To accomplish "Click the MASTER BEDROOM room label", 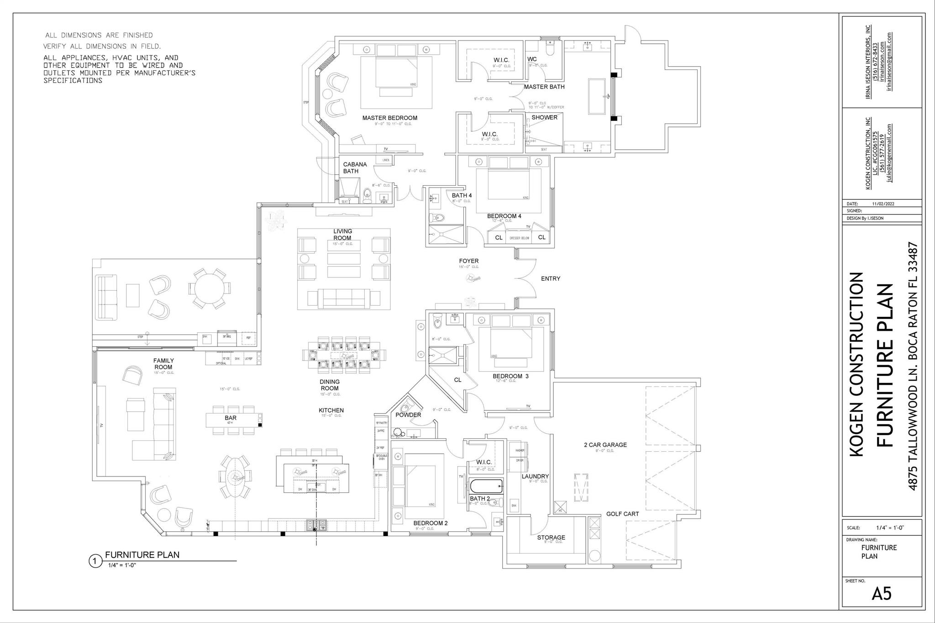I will pos(389,118).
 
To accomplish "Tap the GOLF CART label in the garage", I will pos(622,514).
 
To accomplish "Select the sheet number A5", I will pos(881,593).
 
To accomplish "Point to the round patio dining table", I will pos(210,289).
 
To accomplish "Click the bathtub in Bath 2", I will pos(486,487).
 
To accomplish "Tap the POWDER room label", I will pos(408,415).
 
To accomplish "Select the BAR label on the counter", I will pos(231,418).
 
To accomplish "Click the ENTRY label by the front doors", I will pos(550,278).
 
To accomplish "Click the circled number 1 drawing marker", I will pos(95,561).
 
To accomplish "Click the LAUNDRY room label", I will pos(535,476).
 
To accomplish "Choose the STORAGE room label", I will pos(551,537).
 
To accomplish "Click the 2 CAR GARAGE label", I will pos(605,445).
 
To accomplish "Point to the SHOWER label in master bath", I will pos(544,117).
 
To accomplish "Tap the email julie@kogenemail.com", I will pos(889,153).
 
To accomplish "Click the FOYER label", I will pos(469,261).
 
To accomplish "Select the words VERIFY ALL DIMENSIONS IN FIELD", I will pos(102,46).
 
